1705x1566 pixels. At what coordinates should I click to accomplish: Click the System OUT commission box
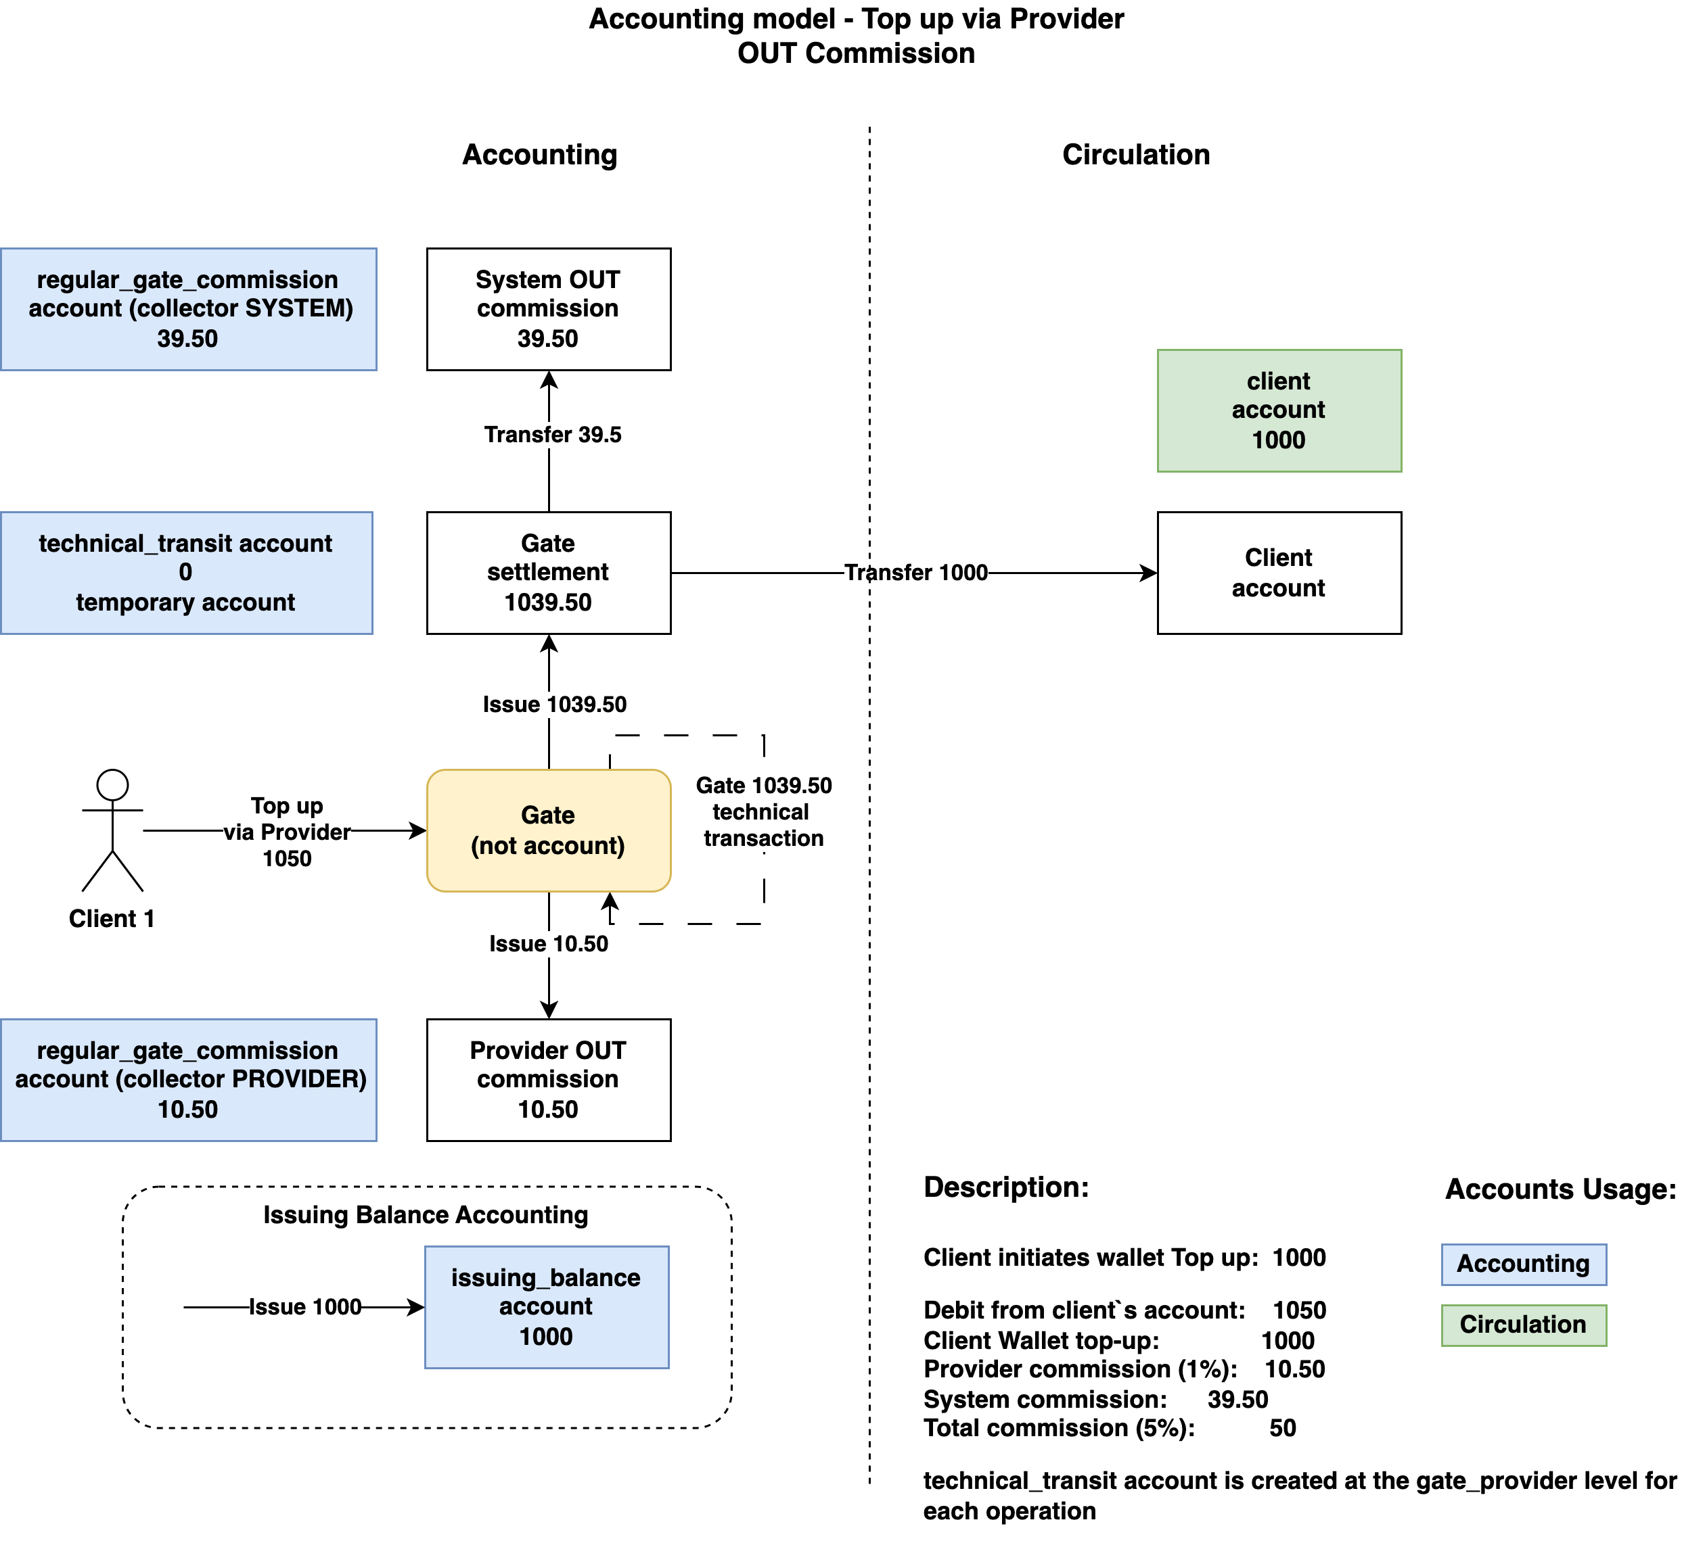tap(549, 309)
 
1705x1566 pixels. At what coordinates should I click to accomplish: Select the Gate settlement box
tap(549, 573)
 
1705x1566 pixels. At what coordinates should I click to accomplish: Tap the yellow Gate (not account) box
tap(549, 830)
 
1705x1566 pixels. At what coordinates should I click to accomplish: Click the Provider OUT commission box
tap(549, 1080)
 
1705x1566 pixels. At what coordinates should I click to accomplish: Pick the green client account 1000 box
tap(1279, 411)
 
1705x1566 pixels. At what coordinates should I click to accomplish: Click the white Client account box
tap(1279, 573)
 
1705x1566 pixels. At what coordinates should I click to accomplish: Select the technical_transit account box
tap(187, 573)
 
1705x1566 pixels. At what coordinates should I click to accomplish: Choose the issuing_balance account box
tap(547, 1307)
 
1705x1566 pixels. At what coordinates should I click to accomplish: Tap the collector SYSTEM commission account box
tap(188, 309)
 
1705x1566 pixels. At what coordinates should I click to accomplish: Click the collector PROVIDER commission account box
tap(188, 1080)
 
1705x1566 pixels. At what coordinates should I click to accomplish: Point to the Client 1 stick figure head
tap(113, 785)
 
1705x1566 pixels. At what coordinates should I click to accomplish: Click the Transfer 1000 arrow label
tap(917, 573)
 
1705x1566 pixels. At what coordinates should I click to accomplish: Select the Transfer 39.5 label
tap(553, 435)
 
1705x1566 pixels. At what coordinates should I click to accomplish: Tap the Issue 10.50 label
tap(549, 944)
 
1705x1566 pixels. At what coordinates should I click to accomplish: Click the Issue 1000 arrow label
tap(305, 1307)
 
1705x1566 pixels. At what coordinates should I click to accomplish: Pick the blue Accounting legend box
tap(1524, 1264)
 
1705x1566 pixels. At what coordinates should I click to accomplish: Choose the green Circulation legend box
tap(1524, 1325)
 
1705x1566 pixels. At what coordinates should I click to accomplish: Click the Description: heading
tap(1006, 1187)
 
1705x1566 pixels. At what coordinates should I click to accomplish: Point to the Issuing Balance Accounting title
tap(426, 1215)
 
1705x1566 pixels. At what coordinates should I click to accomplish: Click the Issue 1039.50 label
tap(555, 704)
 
